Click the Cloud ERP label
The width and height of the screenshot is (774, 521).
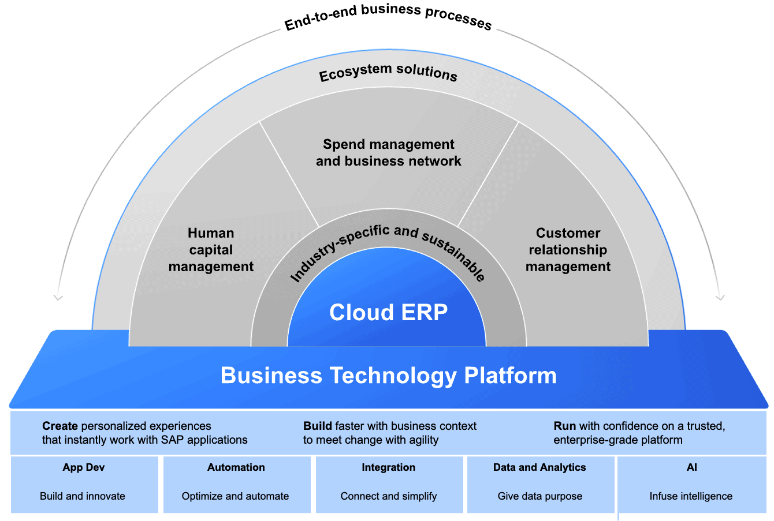click(x=388, y=313)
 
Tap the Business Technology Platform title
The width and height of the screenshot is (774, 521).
click(x=388, y=376)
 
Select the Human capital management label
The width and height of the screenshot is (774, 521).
click(x=211, y=250)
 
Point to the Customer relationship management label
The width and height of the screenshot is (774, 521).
click(x=568, y=250)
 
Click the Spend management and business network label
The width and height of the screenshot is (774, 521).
click(x=388, y=153)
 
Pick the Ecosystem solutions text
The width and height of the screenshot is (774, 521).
click(x=388, y=73)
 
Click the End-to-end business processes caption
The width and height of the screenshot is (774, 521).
click(x=388, y=16)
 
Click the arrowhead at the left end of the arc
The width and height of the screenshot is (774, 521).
click(x=58, y=297)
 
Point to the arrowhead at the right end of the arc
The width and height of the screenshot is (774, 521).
click(x=720, y=297)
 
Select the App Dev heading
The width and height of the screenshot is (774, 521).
click(x=84, y=467)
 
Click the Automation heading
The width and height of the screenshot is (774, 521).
click(x=236, y=467)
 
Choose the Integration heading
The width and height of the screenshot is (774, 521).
click(x=388, y=467)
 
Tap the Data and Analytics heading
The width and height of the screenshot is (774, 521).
click(x=539, y=467)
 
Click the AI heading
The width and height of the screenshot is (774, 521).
click(x=692, y=467)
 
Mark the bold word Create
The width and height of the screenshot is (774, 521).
click(x=59, y=426)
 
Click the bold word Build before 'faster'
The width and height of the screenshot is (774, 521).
click(x=318, y=426)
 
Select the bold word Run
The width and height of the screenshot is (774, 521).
click(x=564, y=426)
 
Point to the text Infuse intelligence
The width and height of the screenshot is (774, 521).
click(x=691, y=496)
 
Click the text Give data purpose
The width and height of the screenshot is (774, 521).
click(x=540, y=496)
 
